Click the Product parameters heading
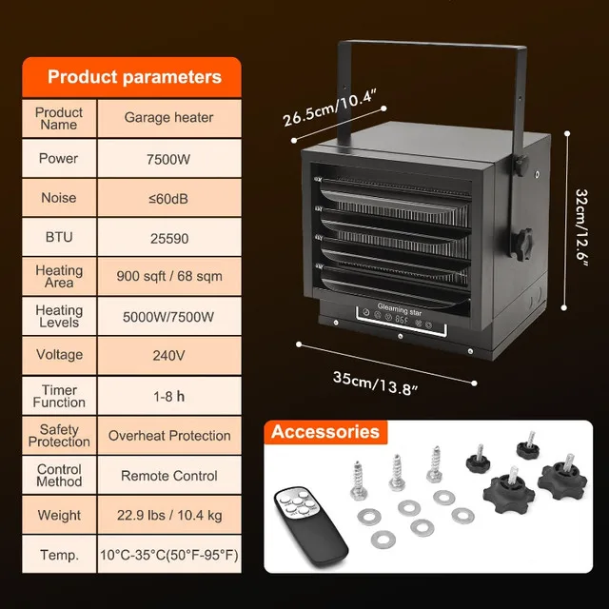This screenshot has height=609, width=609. tap(134, 77)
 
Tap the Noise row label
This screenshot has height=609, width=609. tap(59, 198)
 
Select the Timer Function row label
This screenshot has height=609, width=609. tap(59, 396)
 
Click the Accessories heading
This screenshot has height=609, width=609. tap(325, 432)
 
